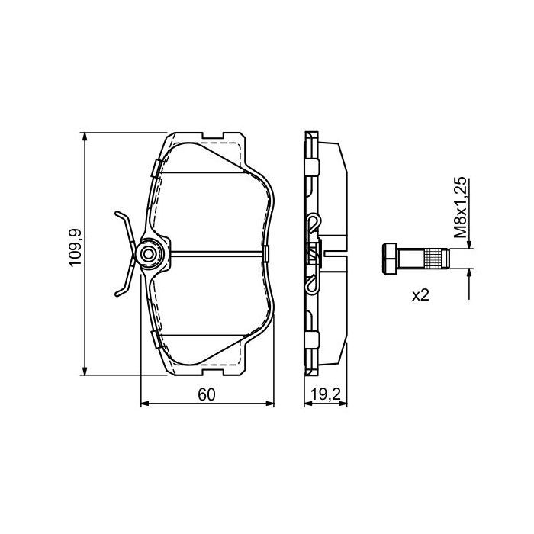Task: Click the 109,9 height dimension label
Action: (x=76, y=247)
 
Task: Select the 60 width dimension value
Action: (x=207, y=394)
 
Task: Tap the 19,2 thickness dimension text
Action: (x=326, y=394)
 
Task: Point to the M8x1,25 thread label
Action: (x=460, y=207)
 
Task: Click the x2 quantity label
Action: (x=420, y=295)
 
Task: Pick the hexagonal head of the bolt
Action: (x=389, y=259)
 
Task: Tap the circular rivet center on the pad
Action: (x=149, y=254)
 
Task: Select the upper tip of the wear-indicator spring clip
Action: (x=117, y=214)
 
